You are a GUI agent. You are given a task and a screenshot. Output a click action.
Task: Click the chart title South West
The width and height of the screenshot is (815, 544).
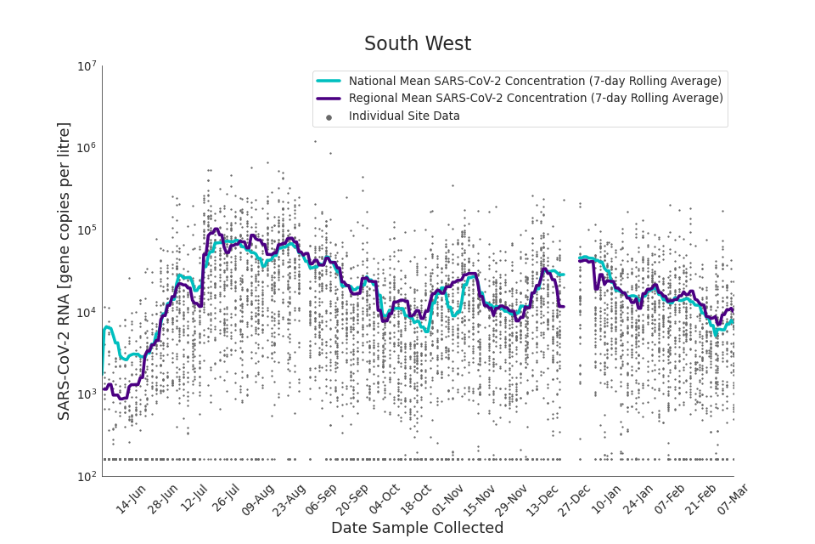[417, 44]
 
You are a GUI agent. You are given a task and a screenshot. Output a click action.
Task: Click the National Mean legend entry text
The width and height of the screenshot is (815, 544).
[535, 81]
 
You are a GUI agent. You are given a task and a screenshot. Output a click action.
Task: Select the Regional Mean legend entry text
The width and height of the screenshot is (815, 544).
[536, 98]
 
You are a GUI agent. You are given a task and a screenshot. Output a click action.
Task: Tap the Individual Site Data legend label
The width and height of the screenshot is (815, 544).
[404, 116]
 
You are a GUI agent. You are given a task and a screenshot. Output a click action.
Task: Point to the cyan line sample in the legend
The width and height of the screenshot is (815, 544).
[329, 81]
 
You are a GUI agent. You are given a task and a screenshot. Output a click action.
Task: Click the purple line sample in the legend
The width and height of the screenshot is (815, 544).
[329, 99]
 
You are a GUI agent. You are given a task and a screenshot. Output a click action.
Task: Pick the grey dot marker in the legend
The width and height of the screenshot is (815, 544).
[329, 116]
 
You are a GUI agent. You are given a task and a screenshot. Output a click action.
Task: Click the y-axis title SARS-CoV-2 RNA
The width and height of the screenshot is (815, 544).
[65, 270]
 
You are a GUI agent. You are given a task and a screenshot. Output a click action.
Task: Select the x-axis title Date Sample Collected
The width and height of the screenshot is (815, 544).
[417, 528]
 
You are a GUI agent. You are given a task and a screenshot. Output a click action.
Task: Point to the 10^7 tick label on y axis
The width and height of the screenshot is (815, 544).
[87, 66]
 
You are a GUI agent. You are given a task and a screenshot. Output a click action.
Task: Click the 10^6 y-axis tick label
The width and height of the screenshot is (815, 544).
[87, 148]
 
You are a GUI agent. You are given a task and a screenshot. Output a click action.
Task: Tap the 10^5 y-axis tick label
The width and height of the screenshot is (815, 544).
[87, 230]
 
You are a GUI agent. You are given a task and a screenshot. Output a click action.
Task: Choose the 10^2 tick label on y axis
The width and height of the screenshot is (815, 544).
[87, 477]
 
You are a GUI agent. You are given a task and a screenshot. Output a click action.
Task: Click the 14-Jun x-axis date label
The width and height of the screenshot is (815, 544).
[132, 499]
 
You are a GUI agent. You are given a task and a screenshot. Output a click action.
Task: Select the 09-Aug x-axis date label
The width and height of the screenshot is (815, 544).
[258, 499]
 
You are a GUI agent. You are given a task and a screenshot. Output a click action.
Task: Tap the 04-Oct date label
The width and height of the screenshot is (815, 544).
[384, 499]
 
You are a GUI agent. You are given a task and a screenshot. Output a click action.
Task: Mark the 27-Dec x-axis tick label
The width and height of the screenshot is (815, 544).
[575, 499]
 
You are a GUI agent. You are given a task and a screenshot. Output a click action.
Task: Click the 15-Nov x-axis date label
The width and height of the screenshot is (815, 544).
[480, 499]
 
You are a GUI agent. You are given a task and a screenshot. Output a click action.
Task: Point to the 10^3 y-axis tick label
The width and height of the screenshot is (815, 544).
[87, 394]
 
